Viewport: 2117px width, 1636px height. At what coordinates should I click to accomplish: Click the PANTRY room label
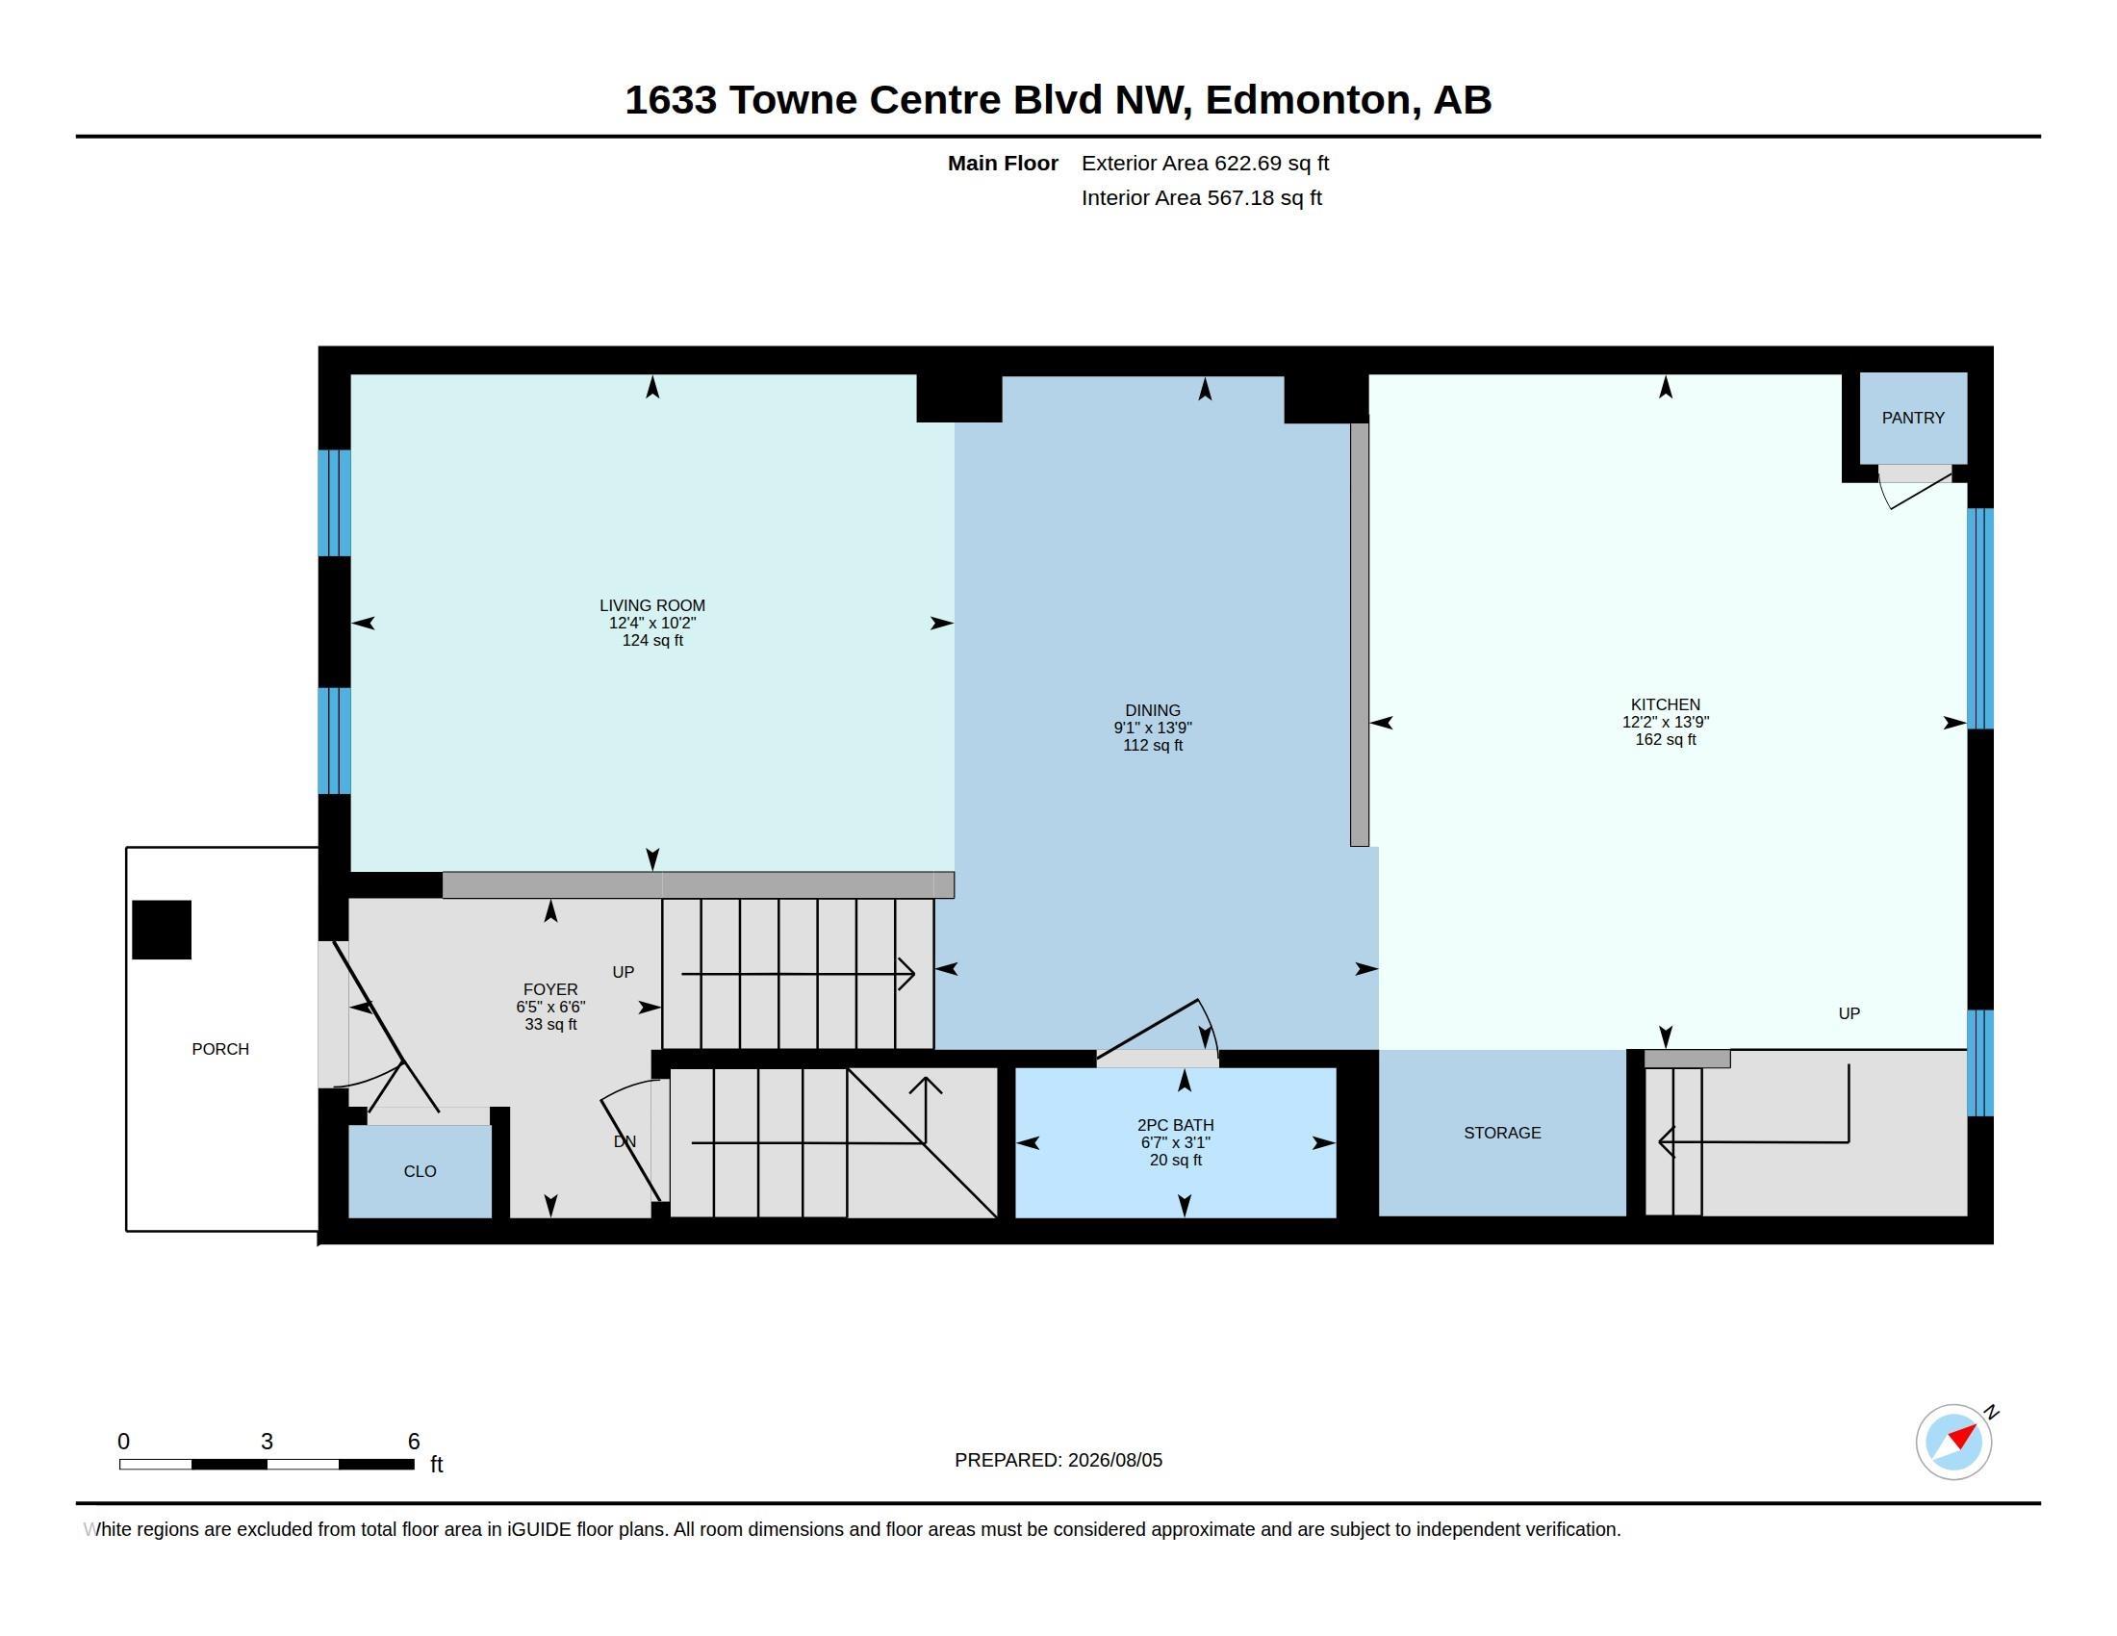(1912, 418)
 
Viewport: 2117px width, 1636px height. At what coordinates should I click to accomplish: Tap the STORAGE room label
(1501, 1133)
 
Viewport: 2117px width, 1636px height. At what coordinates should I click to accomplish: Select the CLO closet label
(420, 1172)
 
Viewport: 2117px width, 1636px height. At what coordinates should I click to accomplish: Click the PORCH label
(220, 1050)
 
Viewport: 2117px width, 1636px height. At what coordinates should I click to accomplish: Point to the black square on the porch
(162, 931)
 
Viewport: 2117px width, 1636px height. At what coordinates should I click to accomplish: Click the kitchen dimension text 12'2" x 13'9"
(1666, 722)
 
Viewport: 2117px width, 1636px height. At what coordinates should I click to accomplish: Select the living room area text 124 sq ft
(652, 641)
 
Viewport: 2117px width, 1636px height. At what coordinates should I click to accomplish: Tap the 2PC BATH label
(1175, 1125)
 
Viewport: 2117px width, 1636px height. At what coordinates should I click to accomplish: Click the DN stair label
(625, 1141)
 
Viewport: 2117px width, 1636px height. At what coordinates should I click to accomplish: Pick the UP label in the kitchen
(1849, 1013)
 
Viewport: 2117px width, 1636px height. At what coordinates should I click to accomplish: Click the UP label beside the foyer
(624, 972)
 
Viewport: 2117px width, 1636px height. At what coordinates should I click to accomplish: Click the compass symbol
(1954, 1442)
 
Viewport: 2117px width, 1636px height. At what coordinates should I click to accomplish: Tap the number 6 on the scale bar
(414, 1442)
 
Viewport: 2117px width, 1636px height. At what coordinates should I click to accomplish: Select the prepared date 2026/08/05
(1114, 1461)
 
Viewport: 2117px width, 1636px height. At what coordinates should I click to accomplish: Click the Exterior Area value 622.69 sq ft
(1272, 164)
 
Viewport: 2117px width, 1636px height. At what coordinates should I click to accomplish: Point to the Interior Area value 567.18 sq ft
(1264, 197)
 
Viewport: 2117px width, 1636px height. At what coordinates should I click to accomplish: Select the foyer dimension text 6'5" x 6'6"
(550, 1007)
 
